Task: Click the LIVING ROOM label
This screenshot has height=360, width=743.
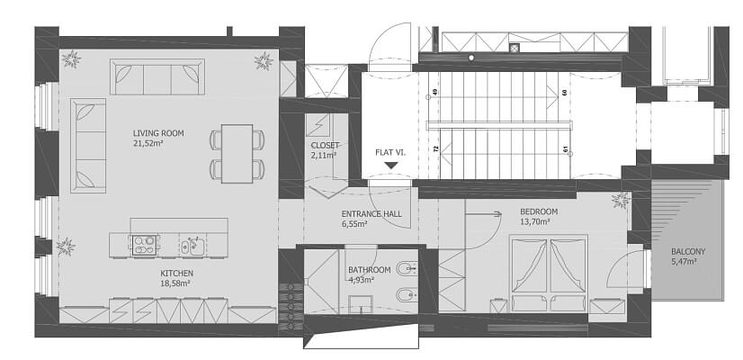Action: tap(157, 133)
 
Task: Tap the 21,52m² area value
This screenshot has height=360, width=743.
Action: tap(148, 142)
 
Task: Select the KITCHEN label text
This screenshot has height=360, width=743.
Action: tap(176, 274)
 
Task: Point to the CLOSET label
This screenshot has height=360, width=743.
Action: tap(325, 145)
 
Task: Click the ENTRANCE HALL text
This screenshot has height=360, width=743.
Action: tap(371, 214)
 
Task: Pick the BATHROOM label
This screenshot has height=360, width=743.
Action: tap(369, 270)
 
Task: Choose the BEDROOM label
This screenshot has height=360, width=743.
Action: tap(539, 211)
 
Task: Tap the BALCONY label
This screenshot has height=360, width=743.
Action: tap(688, 252)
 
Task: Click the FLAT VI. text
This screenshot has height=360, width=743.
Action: tap(390, 152)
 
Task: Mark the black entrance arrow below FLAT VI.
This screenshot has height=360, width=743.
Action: tap(390, 166)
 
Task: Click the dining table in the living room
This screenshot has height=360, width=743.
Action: tap(237, 153)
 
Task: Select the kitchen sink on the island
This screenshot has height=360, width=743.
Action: tap(192, 245)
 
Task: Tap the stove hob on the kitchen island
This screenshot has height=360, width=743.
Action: tap(144, 245)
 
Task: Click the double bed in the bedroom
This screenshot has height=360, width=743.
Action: tap(549, 274)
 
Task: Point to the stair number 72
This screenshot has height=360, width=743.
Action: tap(436, 148)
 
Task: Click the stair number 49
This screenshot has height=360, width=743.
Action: tap(435, 93)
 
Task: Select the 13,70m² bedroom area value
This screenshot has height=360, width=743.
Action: tap(534, 221)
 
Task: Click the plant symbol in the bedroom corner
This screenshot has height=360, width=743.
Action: tap(621, 201)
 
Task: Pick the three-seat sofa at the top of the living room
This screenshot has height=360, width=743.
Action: tap(157, 76)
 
